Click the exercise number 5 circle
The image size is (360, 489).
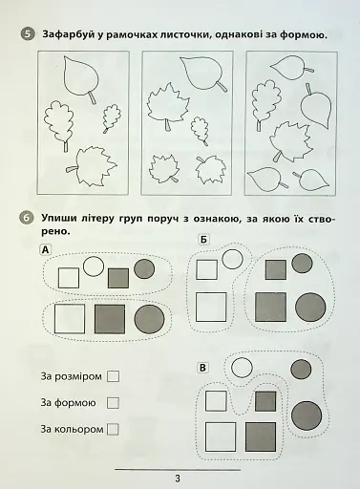28,34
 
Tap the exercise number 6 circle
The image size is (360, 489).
27,219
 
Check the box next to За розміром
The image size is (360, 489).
113,376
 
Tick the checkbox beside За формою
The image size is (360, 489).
113,403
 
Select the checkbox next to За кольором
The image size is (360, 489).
113,429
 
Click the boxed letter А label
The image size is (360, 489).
45,250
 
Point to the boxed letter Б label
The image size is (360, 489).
203,240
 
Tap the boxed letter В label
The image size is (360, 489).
202,368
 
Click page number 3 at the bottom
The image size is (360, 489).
178,478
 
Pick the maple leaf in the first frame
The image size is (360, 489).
92,166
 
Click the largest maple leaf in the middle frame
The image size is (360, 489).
168,106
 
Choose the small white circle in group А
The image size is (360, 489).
94,266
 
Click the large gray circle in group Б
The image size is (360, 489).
310,307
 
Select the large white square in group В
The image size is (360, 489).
221,436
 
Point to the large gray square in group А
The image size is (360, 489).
110,319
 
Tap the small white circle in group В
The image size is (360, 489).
242,368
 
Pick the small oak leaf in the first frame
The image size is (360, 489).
112,117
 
